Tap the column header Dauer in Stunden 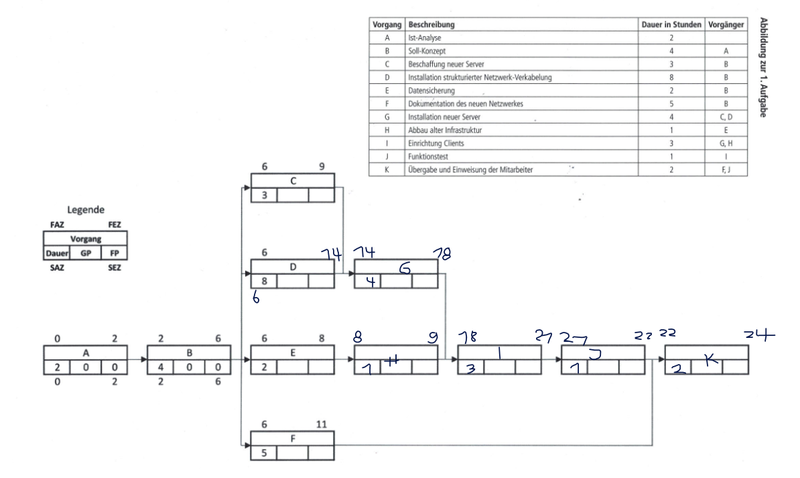click(x=670, y=24)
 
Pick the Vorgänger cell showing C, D click(x=726, y=117)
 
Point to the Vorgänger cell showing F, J click(x=726, y=169)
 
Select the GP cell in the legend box click(x=85, y=255)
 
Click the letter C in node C click(x=292, y=180)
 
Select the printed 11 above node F click(x=322, y=424)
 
